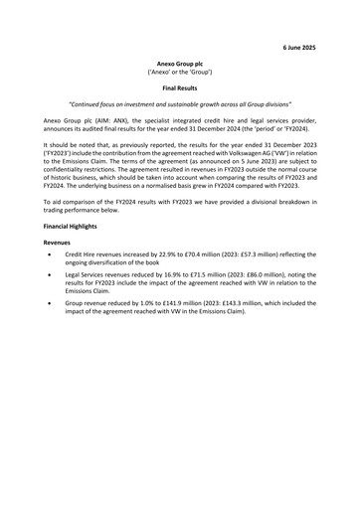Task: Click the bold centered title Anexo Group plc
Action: pos(180,63)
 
